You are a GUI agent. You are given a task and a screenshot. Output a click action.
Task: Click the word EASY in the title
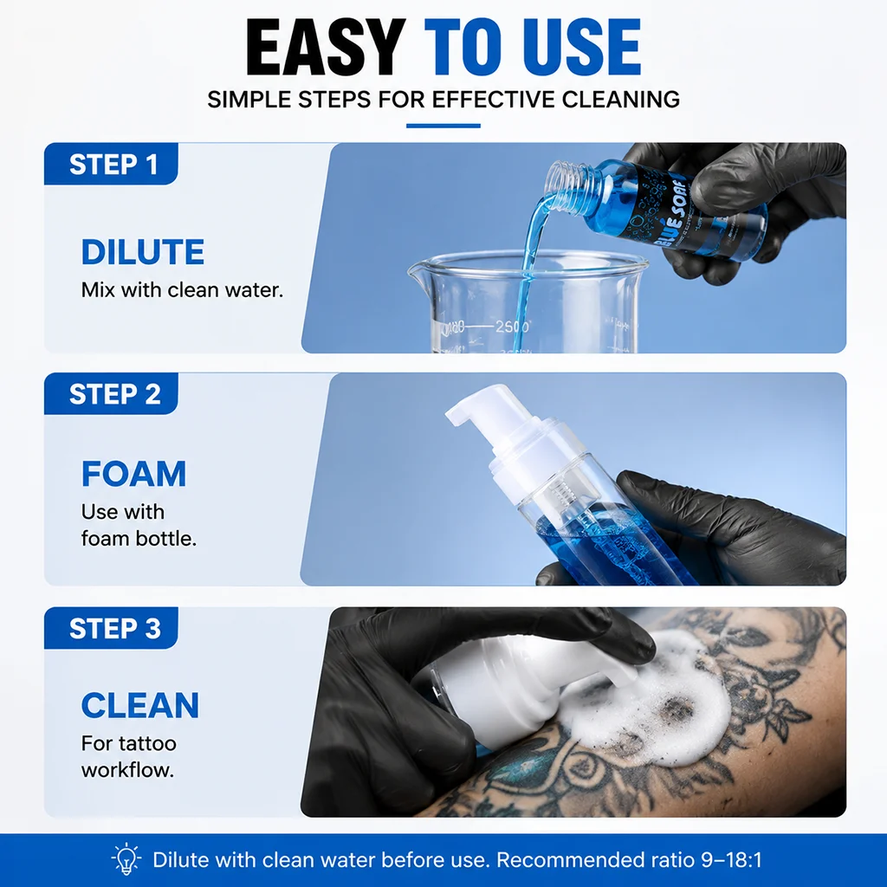tap(326, 47)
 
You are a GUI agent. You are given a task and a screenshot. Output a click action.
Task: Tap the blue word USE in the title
tap(586, 47)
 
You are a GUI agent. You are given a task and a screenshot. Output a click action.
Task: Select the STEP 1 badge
tap(112, 164)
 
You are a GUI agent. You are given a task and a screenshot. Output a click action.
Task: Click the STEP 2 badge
tap(112, 394)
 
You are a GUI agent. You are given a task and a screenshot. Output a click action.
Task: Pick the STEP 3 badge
tap(112, 628)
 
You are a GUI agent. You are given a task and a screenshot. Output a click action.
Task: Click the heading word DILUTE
tap(143, 252)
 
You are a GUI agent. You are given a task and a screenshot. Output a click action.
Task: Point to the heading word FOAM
tap(133, 474)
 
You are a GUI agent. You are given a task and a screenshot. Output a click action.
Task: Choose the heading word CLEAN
tap(140, 705)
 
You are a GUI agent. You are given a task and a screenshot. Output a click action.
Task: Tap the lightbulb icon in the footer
tap(126, 860)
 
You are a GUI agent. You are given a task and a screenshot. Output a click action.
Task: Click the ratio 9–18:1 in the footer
tap(731, 860)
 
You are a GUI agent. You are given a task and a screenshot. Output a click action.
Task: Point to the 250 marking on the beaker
tap(512, 327)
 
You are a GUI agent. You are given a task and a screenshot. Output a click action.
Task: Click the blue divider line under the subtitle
tap(443, 126)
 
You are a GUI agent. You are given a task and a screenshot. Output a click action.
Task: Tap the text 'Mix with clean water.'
tap(182, 289)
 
